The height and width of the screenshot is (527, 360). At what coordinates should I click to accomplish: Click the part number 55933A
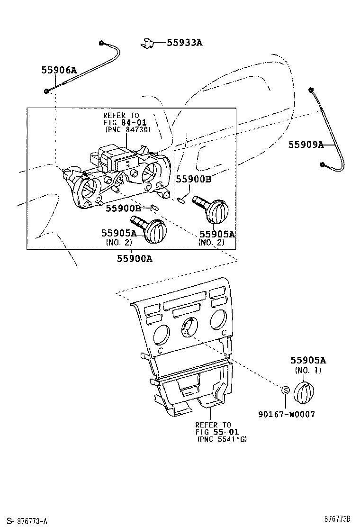coord(184,43)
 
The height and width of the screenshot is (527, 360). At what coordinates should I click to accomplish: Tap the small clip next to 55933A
coord(147,43)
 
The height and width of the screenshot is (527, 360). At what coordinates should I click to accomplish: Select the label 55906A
coord(59,70)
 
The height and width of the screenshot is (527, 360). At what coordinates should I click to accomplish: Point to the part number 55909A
coord(306,145)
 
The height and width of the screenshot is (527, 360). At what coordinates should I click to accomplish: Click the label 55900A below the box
coord(135,258)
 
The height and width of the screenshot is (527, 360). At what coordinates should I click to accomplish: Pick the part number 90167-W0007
coord(287,414)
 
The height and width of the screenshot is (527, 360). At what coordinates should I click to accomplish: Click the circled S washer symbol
coord(285,390)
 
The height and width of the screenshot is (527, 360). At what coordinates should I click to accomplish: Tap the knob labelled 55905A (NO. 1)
coord(303,392)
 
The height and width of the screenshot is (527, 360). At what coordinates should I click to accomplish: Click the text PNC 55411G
coord(222,439)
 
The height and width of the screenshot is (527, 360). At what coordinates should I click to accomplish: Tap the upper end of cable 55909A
coord(311,91)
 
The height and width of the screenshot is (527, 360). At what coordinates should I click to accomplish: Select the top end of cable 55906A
coord(102,44)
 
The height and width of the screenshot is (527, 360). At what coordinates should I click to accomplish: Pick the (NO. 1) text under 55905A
coord(308,370)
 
